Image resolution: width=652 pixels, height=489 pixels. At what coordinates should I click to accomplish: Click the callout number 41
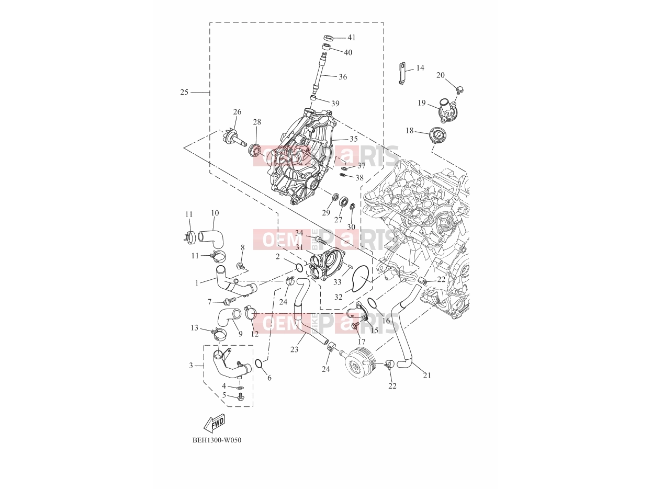coord(352,38)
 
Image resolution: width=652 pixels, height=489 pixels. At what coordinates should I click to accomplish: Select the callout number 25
coord(184,92)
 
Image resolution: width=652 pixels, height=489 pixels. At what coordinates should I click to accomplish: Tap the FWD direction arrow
coord(214,424)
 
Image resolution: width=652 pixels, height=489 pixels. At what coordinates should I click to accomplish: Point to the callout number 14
coord(420,68)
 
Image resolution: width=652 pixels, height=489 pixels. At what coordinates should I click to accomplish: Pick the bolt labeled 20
coord(460,89)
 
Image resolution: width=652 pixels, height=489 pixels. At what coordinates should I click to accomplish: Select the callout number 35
coord(354,139)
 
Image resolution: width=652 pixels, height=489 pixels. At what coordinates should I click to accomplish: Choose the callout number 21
coord(427,376)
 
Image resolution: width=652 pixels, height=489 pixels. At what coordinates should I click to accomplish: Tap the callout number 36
coord(343,76)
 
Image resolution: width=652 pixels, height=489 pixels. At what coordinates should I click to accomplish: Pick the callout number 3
coord(191,365)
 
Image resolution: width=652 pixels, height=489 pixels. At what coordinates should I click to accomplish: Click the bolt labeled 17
coord(354,326)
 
